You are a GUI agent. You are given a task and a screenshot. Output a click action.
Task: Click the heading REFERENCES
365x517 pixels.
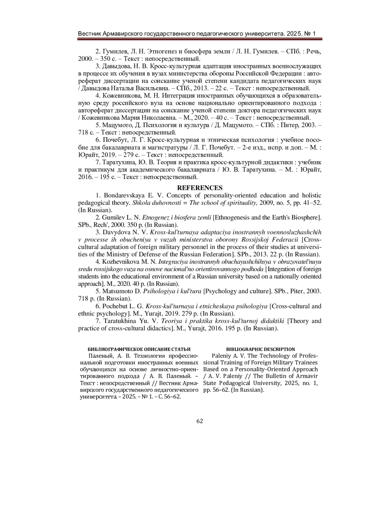(200, 188)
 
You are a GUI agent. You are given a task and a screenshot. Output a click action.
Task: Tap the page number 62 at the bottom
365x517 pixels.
(200, 421)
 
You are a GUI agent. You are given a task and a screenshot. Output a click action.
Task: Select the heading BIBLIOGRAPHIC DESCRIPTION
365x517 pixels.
(260, 349)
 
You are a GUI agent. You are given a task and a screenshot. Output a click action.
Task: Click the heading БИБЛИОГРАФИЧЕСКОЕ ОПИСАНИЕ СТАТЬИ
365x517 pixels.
(139, 349)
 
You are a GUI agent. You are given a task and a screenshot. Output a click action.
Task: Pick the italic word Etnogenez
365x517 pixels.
(155, 217)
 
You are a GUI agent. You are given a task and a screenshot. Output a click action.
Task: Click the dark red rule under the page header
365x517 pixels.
(200, 39)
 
